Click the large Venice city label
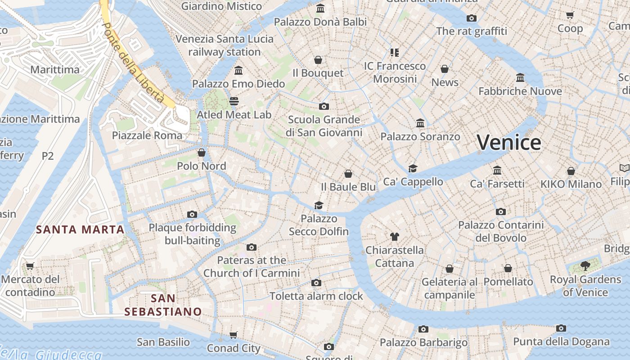point(509,143)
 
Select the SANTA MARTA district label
point(80,229)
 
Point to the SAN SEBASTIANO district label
point(163,305)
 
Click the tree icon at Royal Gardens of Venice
point(585,266)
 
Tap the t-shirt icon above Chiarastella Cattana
point(395,236)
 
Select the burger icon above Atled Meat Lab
point(234,101)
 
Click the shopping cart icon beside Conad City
point(233,335)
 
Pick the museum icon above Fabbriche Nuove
point(520,78)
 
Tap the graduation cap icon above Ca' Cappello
point(413,168)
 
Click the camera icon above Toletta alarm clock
point(316,283)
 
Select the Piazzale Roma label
point(147,135)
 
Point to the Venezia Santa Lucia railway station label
point(224,45)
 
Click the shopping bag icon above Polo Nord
point(202,153)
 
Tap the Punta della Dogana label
point(561,342)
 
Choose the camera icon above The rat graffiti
point(472,18)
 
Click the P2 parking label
point(48,156)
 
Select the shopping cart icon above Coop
point(570,15)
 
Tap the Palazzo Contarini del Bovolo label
point(501,231)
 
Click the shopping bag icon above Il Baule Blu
point(348,174)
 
